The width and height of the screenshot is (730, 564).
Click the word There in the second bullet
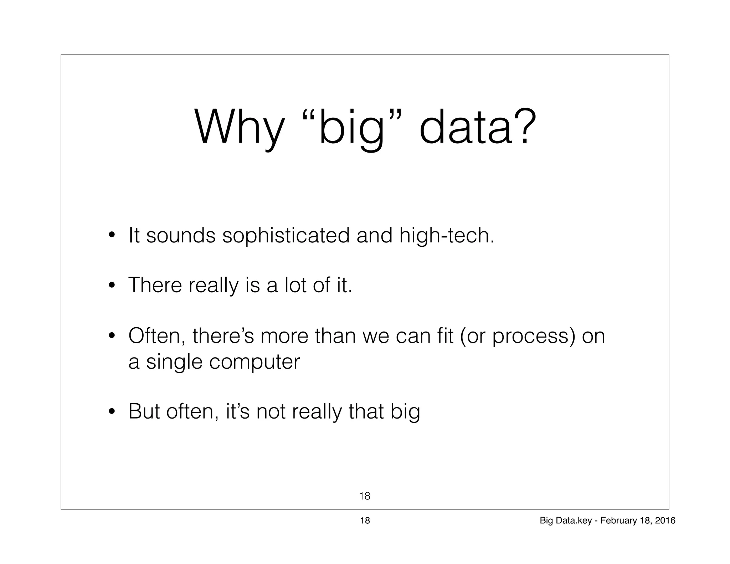click(155, 285)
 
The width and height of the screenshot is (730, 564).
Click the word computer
click(255, 363)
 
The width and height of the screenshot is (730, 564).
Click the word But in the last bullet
click(144, 411)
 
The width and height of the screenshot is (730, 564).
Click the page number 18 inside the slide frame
click(365, 496)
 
